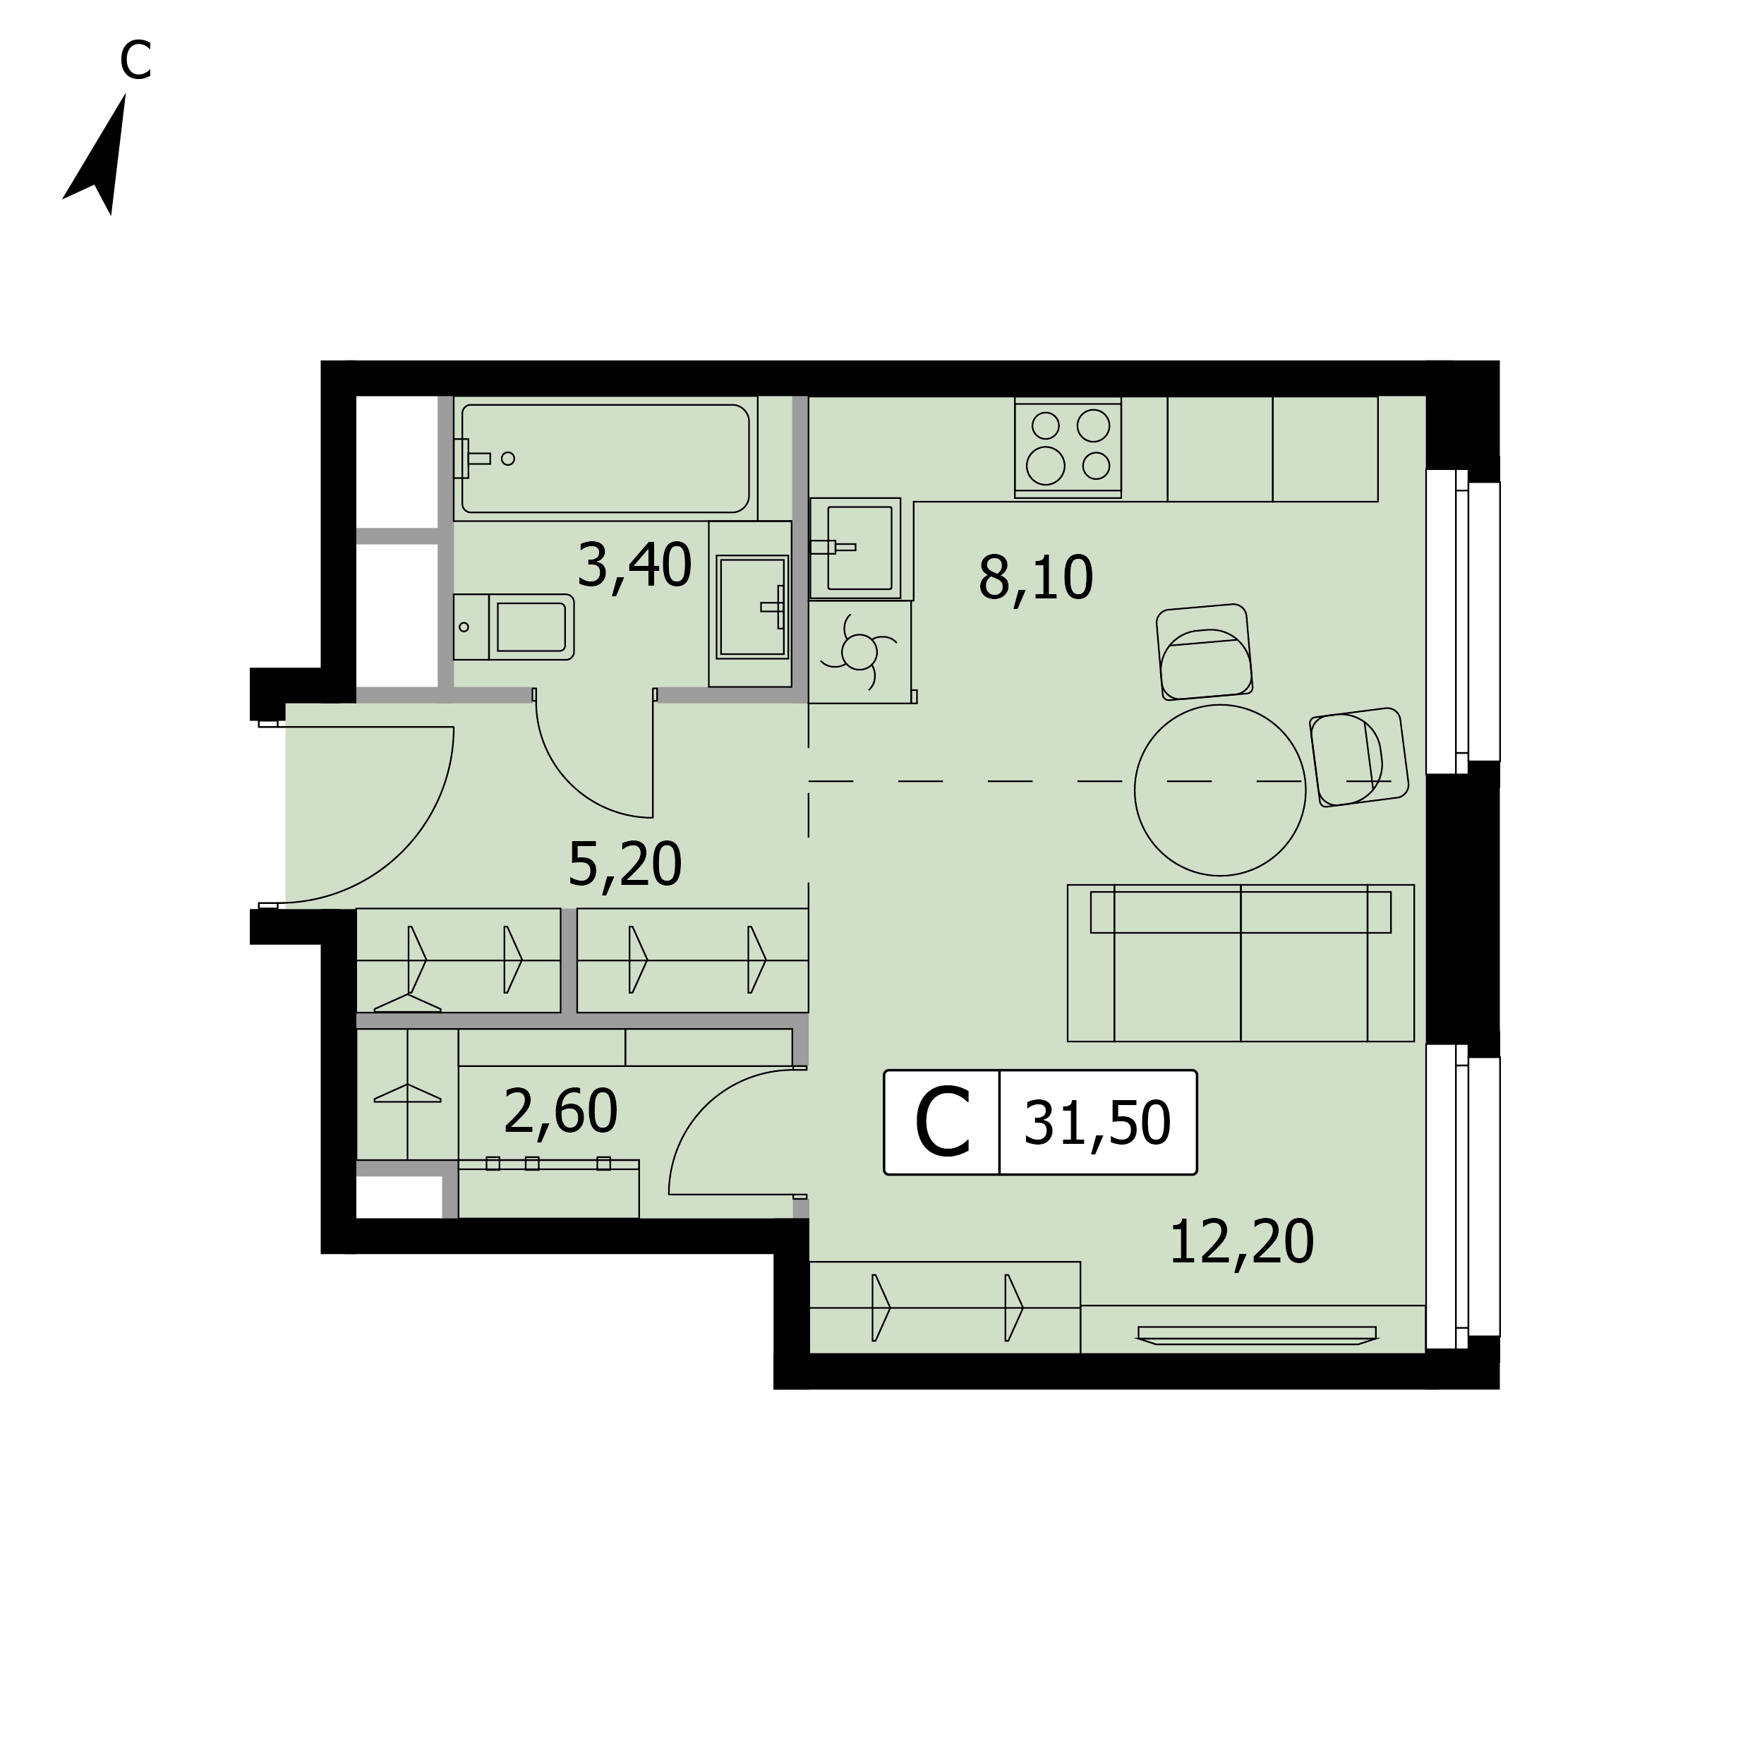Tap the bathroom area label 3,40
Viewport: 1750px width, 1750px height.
pos(634,566)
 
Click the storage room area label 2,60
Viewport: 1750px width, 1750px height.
pos(561,1111)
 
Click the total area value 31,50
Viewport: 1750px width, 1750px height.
pos(1097,1124)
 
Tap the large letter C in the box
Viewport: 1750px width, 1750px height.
pos(942,1123)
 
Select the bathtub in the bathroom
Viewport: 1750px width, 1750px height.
pos(605,459)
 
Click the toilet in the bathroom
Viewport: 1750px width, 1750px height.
pos(514,627)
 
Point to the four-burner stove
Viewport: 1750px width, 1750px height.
pos(1068,447)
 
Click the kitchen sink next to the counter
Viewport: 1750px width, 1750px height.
pos(856,548)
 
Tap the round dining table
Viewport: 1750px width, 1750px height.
pos(1220,790)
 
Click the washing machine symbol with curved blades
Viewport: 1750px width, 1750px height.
pos(859,651)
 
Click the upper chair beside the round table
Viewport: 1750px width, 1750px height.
pos(1205,652)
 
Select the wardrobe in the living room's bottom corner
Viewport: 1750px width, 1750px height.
pos(945,1307)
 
